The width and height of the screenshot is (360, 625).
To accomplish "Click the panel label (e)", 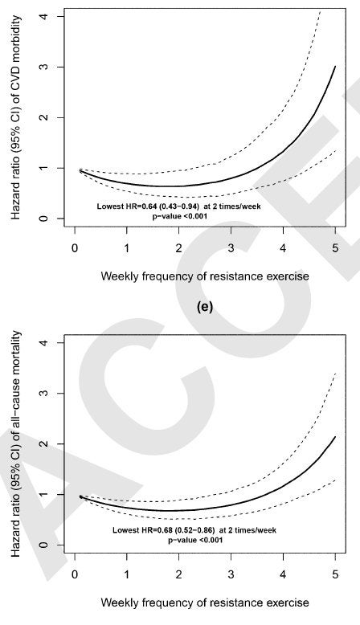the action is (205, 307).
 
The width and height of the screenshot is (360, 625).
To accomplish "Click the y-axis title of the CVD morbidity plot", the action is (15, 118).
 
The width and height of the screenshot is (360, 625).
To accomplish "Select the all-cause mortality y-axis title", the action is (15, 443).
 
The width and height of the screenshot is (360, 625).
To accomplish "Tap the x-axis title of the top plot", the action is (205, 276).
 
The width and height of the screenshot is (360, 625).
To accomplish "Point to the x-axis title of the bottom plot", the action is (205, 603).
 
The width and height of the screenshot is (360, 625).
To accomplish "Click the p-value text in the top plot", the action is (180, 216).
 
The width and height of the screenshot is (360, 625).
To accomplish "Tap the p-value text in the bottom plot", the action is (195, 540).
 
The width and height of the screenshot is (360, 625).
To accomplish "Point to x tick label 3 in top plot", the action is (231, 248).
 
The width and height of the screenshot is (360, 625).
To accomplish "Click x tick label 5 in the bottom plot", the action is (335, 574).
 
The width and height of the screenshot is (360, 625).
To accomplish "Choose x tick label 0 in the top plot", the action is (75, 248).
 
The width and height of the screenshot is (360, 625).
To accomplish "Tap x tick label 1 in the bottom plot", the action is (127, 574).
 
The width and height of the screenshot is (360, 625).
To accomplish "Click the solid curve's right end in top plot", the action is (335, 66).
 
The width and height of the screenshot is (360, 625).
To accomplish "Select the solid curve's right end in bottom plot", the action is (335, 436).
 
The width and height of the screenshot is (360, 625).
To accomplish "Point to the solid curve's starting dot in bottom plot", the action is (80, 496).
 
